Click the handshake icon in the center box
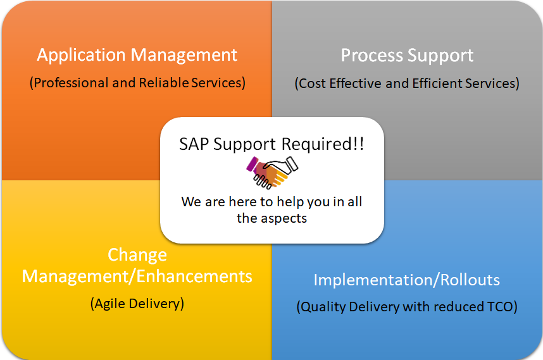(x=272, y=172)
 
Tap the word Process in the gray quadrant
(x=372, y=56)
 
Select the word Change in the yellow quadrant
(x=137, y=256)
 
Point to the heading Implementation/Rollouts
(x=406, y=280)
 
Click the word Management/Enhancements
(x=137, y=276)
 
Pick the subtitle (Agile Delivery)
(x=137, y=304)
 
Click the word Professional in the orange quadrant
(x=72, y=83)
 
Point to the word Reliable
(x=164, y=83)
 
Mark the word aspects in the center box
(x=284, y=219)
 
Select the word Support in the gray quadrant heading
(x=440, y=56)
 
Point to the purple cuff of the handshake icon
(x=252, y=164)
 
